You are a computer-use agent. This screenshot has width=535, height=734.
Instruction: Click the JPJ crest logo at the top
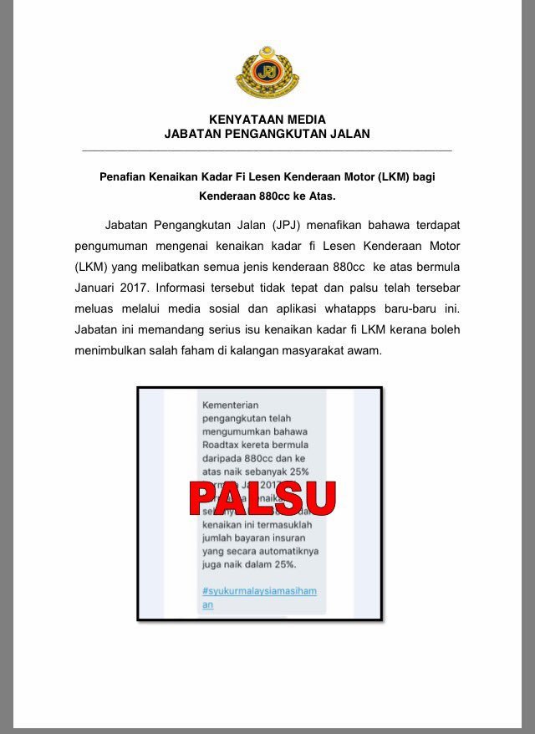267,72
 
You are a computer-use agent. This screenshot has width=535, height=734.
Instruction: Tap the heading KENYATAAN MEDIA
267,120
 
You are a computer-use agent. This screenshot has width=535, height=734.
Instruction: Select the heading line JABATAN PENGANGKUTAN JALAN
267,134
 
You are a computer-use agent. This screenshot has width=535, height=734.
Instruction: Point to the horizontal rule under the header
267,150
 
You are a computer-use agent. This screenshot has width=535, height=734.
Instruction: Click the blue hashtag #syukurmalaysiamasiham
259,591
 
